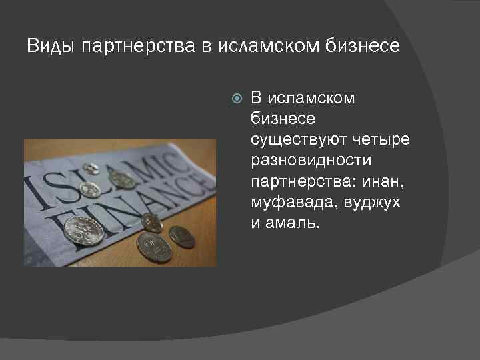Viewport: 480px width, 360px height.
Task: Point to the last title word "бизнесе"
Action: tap(365, 46)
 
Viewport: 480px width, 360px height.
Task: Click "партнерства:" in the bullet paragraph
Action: tap(301, 181)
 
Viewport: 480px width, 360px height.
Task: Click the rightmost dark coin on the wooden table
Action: tap(181, 236)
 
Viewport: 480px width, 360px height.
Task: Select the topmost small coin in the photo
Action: tap(92, 169)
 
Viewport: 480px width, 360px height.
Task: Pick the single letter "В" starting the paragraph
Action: tap(256, 99)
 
